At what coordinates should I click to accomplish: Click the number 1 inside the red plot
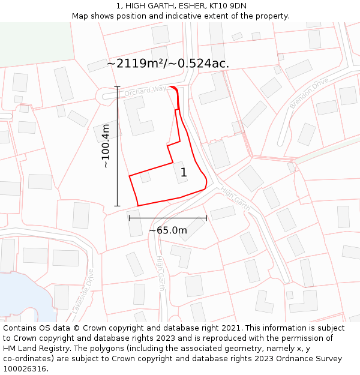coord(184,172)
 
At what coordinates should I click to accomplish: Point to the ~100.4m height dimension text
coord(106,146)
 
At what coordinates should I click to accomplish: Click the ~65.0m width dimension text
coord(167,230)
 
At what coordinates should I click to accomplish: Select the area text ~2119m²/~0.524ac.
coord(168,63)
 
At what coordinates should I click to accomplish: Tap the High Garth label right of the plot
coord(235,196)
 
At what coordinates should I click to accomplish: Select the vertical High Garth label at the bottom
coord(160,274)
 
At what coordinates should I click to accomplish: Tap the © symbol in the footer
coord(77,328)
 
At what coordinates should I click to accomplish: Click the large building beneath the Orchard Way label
coord(138,115)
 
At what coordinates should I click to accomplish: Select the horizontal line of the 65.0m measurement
coord(167,218)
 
